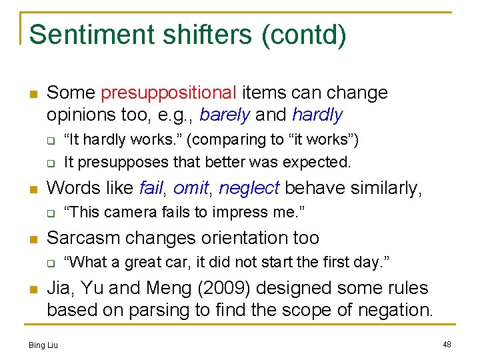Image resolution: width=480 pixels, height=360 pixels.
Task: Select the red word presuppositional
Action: coord(169,92)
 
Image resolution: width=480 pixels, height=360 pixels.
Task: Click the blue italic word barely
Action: coord(225,115)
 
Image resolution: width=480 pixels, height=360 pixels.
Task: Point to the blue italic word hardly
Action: coord(317,115)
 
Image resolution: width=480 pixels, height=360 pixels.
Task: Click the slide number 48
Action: coord(447,344)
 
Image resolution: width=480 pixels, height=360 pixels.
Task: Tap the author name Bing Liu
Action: coord(43,345)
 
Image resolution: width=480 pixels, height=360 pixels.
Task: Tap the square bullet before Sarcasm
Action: coord(32,238)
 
